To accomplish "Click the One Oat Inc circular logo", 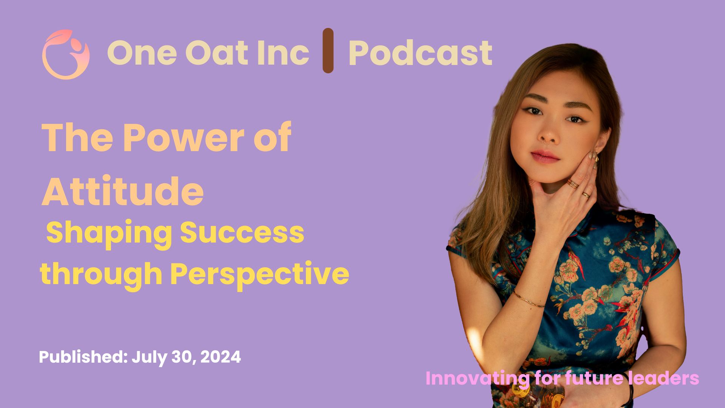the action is [66, 54].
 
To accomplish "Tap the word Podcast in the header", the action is [420, 53].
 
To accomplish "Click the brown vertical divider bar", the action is [328, 50].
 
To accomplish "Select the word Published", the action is [83, 357].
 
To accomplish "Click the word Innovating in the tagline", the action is [477, 379].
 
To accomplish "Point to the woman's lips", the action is [545, 156].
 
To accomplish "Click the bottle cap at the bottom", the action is [520, 390].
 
